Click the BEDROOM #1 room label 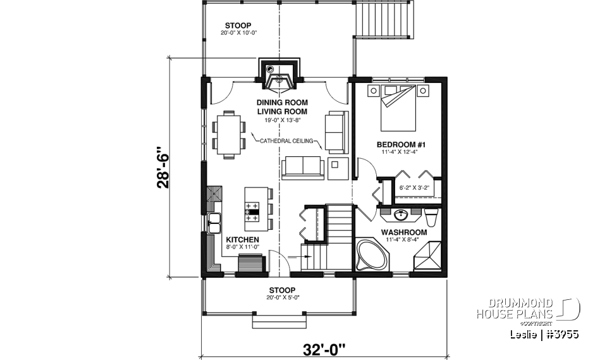click(x=400, y=144)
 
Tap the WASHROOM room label click(x=403, y=232)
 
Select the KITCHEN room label click(x=242, y=240)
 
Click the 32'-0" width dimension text click(x=324, y=349)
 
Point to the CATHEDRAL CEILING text click(x=285, y=141)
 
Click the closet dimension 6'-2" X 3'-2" click(x=415, y=187)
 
